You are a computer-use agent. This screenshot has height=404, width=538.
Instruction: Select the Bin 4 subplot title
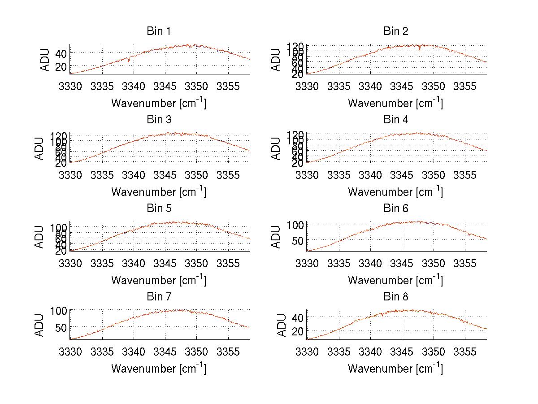(x=395, y=120)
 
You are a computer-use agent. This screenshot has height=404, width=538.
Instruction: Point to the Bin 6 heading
(x=395, y=209)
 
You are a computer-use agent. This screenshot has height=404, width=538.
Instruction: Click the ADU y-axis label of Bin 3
(x=39, y=148)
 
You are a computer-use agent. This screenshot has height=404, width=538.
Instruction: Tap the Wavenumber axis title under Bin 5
(x=159, y=280)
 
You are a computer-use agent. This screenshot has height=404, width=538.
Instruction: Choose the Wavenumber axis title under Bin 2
(x=395, y=103)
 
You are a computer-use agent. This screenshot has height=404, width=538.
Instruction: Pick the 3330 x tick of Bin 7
(x=70, y=352)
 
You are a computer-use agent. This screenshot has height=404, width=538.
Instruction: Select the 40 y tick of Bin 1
(x=61, y=53)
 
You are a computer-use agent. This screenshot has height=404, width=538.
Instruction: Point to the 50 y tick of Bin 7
(x=61, y=327)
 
